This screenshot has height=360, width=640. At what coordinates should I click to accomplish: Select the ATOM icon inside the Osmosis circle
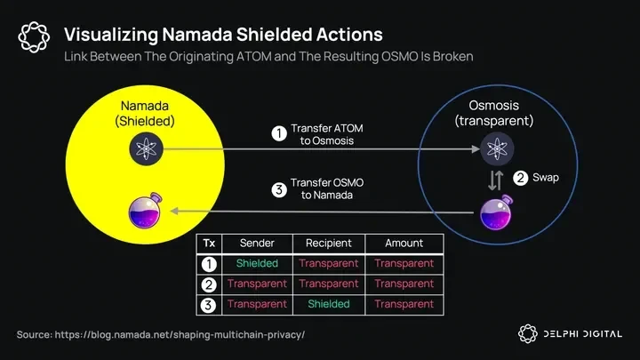[496, 148]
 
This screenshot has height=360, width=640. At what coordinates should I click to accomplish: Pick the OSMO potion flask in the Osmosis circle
[496, 212]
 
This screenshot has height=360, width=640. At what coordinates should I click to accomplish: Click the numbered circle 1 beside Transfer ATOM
[278, 134]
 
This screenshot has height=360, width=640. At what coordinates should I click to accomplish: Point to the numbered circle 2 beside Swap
[520, 177]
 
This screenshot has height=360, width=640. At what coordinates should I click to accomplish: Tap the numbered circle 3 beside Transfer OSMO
[278, 188]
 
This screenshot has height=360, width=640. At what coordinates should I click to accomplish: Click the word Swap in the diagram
[546, 177]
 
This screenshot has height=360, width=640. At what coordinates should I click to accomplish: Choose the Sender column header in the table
[257, 244]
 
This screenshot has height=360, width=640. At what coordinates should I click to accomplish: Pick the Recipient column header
[328, 244]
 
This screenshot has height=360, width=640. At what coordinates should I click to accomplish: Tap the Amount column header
[404, 244]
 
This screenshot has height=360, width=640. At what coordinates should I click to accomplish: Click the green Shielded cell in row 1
[257, 264]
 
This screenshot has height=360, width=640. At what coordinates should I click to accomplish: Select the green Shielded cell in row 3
[328, 304]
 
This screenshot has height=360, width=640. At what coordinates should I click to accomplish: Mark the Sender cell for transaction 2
[257, 284]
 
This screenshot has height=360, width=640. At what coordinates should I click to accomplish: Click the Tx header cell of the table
[209, 244]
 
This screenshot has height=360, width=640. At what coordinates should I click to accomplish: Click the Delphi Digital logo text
[581, 334]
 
